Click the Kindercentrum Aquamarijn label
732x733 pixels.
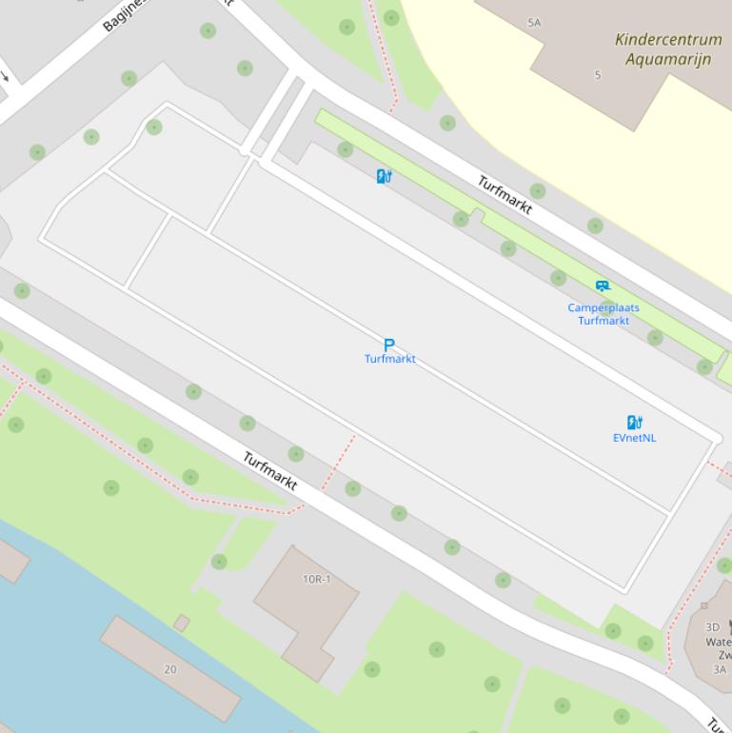668,50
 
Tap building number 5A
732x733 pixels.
534,22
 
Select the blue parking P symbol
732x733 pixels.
388,345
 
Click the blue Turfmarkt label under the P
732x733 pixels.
389,359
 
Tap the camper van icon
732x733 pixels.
603,286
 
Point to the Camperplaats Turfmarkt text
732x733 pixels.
603,314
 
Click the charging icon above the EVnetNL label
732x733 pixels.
635,423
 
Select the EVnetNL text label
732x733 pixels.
634,438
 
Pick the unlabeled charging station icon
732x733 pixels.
384,176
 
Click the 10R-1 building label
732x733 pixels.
316,579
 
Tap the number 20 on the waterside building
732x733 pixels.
169,669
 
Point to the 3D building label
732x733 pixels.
712,627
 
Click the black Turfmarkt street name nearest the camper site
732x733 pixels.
504,195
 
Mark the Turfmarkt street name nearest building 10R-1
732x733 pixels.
269,471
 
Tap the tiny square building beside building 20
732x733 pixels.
181,624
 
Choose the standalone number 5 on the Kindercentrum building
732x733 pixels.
598,75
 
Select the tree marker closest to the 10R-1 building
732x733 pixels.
219,562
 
